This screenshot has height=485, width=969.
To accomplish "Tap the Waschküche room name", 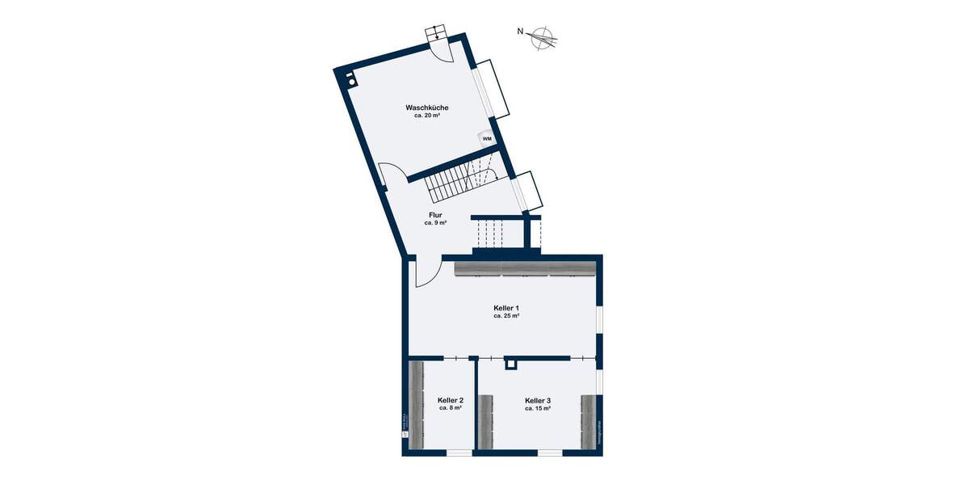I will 427,108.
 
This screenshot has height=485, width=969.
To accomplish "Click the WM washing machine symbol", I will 487,138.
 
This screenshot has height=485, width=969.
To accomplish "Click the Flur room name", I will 435,215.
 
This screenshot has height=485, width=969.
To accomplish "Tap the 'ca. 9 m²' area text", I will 435,223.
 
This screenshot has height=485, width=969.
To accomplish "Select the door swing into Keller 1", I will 426,272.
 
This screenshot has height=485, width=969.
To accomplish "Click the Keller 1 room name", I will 506,308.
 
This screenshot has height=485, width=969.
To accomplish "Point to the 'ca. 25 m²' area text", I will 506,316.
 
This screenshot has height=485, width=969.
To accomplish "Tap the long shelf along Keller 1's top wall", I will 525,268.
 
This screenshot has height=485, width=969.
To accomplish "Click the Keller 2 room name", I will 450,400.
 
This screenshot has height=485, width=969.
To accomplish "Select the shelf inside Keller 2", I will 417,404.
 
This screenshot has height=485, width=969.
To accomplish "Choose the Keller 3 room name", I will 538,400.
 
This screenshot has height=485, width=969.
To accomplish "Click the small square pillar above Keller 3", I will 510,365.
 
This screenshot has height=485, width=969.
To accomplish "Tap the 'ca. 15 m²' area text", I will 538,408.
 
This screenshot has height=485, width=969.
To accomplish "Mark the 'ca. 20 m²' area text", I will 427,116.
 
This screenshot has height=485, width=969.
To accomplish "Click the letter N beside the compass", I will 522,32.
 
